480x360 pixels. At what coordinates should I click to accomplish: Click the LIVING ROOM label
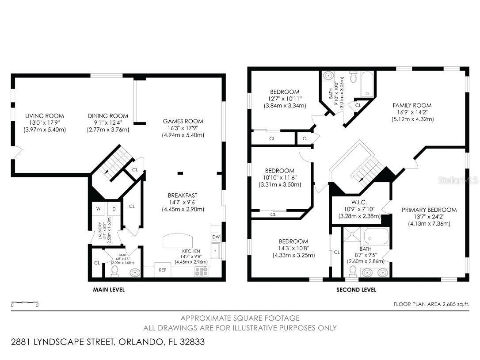pyautogui.click(x=44, y=116)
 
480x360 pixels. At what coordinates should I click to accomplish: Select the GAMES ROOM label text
pyautogui.click(x=183, y=121)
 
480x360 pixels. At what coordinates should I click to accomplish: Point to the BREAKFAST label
pyautogui.click(x=183, y=195)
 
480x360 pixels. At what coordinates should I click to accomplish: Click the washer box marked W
pyautogui.click(x=98, y=209)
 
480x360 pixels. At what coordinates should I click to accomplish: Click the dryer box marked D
pyautogui.click(x=114, y=209)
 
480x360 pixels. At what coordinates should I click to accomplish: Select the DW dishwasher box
pyautogui.click(x=216, y=237)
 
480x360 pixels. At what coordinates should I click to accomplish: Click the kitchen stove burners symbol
pyautogui.click(x=202, y=272)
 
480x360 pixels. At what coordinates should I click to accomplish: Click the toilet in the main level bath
pyautogui.click(x=115, y=270)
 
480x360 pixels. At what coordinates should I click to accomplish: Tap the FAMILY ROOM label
pyautogui.click(x=412, y=105)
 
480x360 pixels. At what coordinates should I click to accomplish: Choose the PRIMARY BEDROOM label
pyautogui.click(x=429, y=210)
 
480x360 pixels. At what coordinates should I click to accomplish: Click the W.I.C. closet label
pyautogui.click(x=359, y=203)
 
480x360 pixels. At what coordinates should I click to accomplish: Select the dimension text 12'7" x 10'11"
pyautogui.click(x=285, y=99)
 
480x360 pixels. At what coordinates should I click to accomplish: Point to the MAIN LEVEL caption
pyautogui.click(x=109, y=290)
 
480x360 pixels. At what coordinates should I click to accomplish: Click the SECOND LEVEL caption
pyautogui.click(x=356, y=290)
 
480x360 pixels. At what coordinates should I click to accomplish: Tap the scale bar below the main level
pyautogui.click(x=25, y=303)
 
